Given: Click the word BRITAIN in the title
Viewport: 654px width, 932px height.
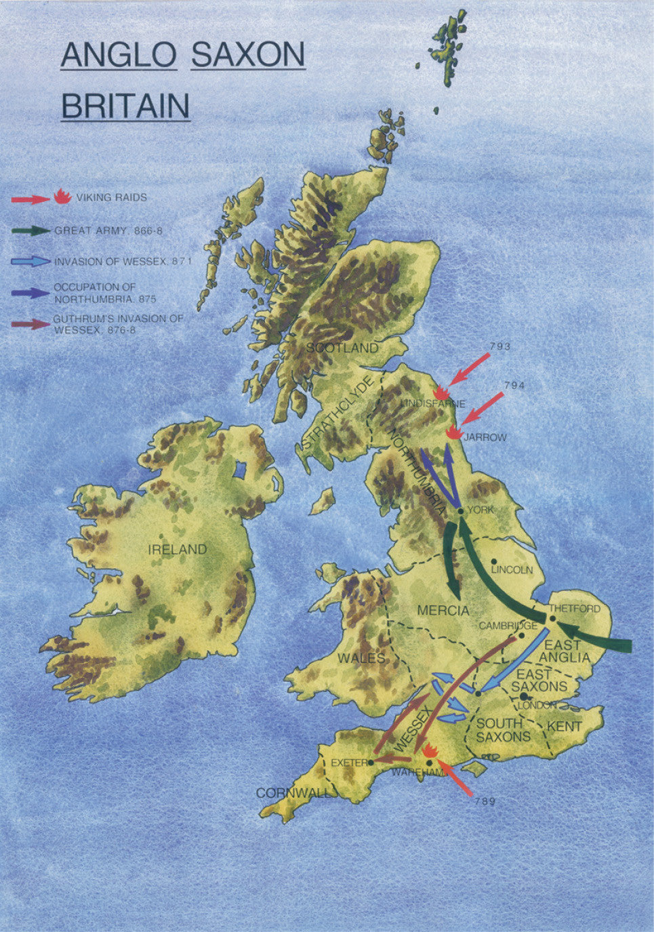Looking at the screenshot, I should (x=125, y=106).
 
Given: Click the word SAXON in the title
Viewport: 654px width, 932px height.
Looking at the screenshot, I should (x=248, y=55).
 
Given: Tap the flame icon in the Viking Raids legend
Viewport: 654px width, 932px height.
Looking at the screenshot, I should (x=62, y=197).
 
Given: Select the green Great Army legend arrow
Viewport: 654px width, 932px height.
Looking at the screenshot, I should (x=30, y=230).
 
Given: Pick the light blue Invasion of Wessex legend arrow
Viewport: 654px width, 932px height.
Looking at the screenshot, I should (x=30, y=261).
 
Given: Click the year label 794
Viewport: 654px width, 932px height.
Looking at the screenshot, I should (x=515, y=386).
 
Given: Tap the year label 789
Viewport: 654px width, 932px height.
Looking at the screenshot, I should (x=485, y=801).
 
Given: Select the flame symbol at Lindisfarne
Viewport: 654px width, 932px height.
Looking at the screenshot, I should (x=441, y=392).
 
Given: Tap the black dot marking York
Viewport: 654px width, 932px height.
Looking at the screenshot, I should (x=460, y=510).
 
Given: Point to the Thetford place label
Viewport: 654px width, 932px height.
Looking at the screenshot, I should (x=574, y=609).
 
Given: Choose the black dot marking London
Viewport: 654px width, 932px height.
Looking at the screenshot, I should (x=524, y=696).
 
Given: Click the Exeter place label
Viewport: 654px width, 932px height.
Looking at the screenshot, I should (x=348, y=763).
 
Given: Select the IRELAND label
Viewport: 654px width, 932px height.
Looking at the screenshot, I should (x=178, y=549).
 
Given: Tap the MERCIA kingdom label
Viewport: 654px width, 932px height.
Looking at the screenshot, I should (x=443, y=610).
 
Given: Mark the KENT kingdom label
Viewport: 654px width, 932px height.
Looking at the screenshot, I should (x=565, y=726).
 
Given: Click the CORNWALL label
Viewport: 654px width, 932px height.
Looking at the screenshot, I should (x=292, y=793).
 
